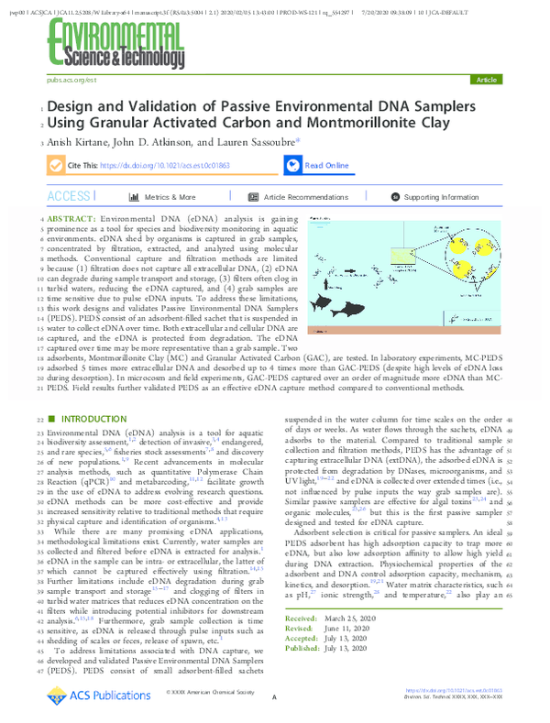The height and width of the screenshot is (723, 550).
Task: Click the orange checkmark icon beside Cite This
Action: (x=56, y=166)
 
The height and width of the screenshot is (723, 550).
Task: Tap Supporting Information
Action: (x=440, y=197)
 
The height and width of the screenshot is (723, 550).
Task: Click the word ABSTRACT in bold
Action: (x=71, y=221)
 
